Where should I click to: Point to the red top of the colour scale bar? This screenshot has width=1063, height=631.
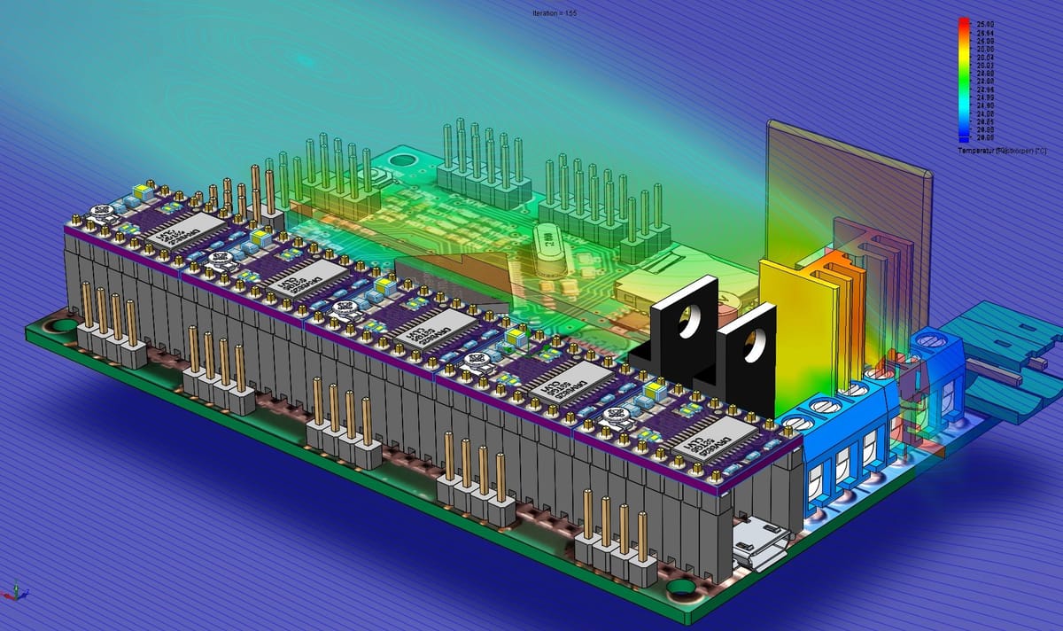962,22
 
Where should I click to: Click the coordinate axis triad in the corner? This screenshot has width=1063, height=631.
15,591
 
